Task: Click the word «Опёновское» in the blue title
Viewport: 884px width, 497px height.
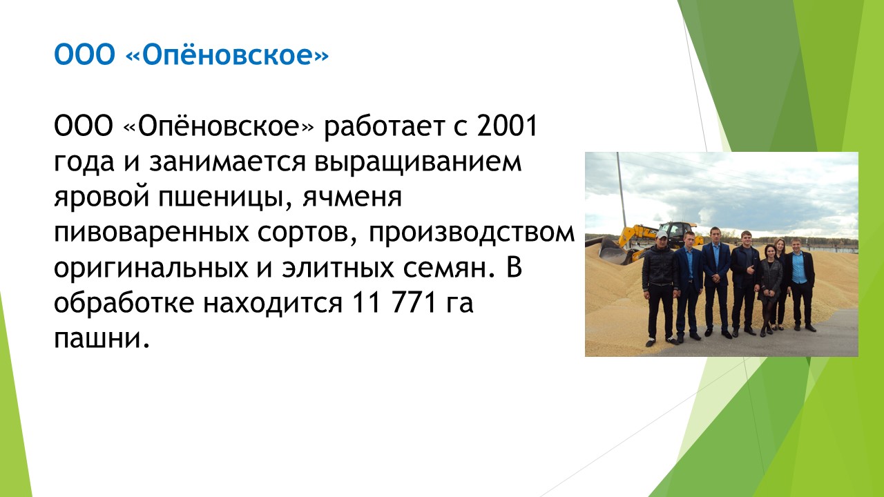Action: tap(227, 55)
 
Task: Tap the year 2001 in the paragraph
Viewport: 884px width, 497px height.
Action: tap(507, 126)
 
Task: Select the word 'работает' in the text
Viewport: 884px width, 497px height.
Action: tap(384, 127)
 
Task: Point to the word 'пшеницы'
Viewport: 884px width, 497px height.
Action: tap(225, 197)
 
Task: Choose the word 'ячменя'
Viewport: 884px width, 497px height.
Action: tap(352, 197)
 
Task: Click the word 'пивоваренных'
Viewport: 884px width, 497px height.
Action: tap(151, 233)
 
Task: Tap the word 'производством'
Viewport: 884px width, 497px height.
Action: tap(472, 233)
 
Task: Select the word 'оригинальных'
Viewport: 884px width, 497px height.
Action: tap(151, 269)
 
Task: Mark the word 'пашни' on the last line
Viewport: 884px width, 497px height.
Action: tap(102, 339)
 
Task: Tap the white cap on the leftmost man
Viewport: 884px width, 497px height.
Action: tap(661, 235)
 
